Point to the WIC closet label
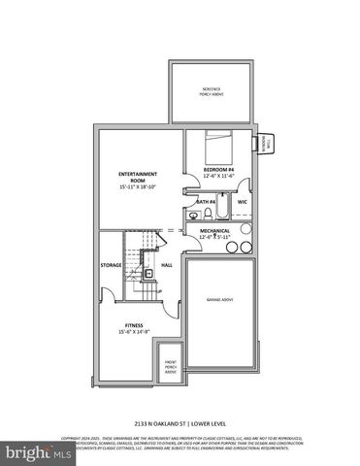(244, 202)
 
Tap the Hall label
(166, 264)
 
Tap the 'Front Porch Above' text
(171, 366)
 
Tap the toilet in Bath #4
(193, 216)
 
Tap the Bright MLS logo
(29, 452)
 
